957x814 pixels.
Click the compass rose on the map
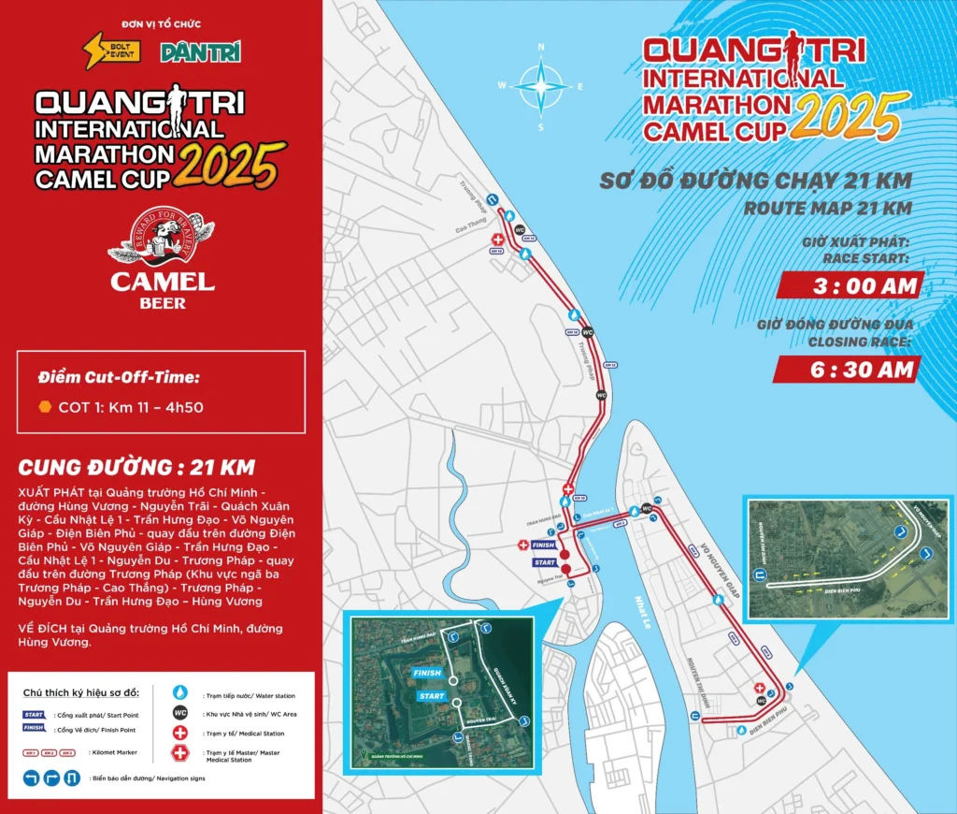pyautogui.click(x=541, y=86)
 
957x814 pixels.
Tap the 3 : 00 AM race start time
pyautogui.click(x=851, y=285)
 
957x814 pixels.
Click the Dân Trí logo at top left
pyautogui.click(x=194, y=52)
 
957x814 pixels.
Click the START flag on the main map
pyautogui.click(x=545, y=562)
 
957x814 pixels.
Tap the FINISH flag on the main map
pyautogui.click(x=543, y=545)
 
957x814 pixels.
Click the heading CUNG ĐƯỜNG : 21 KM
pyautogui.click(x=136, y=467)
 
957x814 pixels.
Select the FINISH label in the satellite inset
pyautogui.click(x=425, y=672)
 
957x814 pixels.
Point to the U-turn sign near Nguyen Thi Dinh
pyautogui.click(x=695, y=717)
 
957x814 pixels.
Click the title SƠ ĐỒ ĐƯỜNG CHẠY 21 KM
pyautogui.click(x=755, y=181)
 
